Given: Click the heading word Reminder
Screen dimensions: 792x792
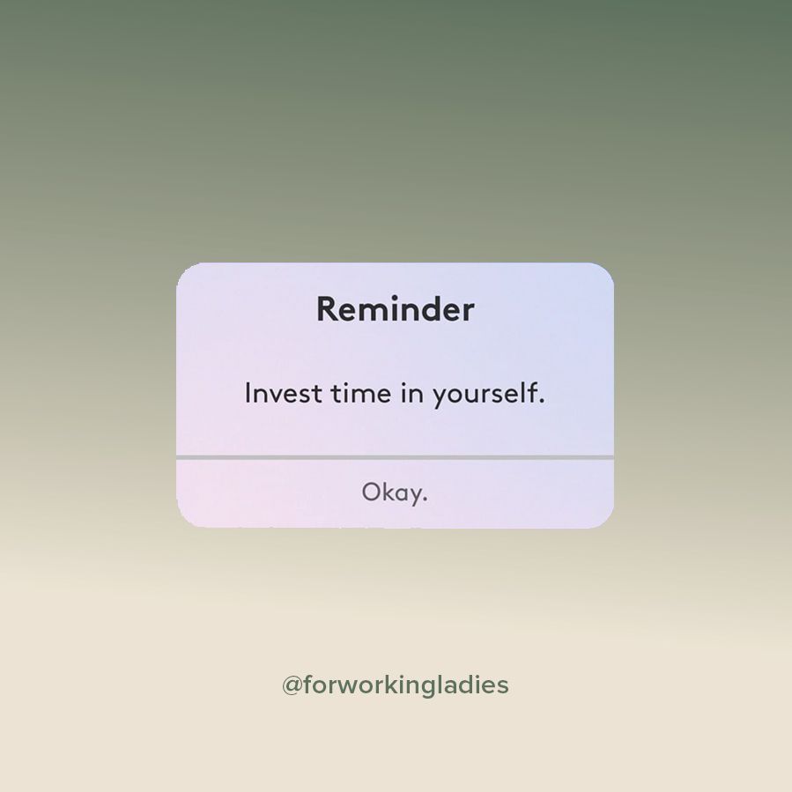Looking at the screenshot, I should pyautogui.click(x=395, y=309).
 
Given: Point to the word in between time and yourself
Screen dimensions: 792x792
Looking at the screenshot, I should pyautogui.click(x=411, y=393).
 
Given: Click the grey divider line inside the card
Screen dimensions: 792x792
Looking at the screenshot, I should pyautogui.click(x=395, y=457).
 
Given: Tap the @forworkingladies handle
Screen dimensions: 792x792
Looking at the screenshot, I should pyautogui.click(x=395, y=685).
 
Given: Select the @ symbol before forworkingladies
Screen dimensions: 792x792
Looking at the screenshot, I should pyautogui.click(x=292, y=685).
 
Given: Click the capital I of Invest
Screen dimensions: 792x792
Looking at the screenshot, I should pyautogui.click(x=248, y=393).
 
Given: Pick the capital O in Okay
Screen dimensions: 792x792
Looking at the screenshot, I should pyautogui.click(x=371, y=492).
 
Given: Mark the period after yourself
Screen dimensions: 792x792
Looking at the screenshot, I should pyautogui.click(x=542, y=402).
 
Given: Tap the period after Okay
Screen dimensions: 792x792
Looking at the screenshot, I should pyautogui.click(x=425, y=500).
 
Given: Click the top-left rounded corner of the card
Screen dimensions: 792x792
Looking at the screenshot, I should pyautogui.click(x=186, y=272).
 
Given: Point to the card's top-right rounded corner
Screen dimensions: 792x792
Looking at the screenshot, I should pyautogui.click(x=604, y=272).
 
